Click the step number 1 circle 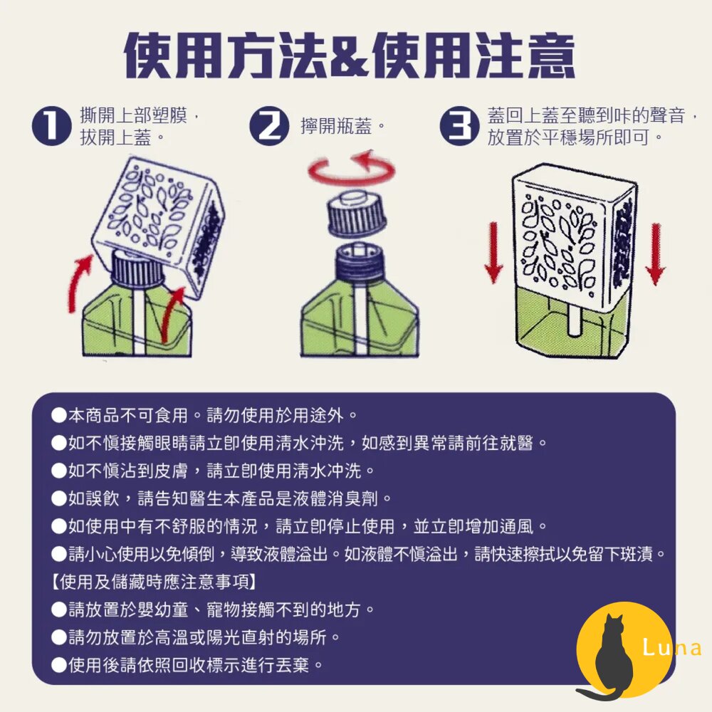52,126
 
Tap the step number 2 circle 269,126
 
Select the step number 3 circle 459,126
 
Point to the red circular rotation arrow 351,178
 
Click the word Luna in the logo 673,647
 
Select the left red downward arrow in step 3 493,253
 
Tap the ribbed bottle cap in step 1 137,270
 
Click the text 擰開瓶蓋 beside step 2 337,126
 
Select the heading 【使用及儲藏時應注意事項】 154,582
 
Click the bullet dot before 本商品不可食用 59,415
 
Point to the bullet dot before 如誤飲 59,498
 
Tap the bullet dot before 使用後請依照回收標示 59,665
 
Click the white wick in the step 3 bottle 573,318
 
